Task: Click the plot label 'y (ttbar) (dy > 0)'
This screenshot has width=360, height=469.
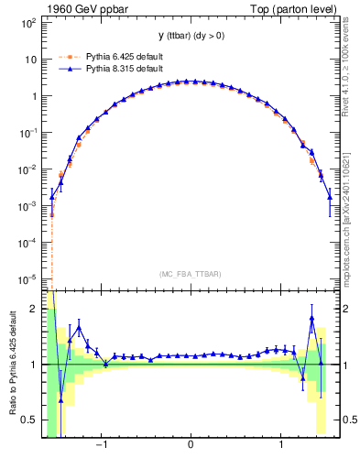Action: pyautogui.click(x=190, y=36)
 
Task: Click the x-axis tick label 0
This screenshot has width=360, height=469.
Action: pyautogui.click(x=190, y=446)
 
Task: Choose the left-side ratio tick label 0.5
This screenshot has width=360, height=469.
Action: pyautogui.click(x=30, y=420)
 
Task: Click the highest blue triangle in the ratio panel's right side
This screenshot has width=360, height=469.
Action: pyautogui.click(x=312, y=319)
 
